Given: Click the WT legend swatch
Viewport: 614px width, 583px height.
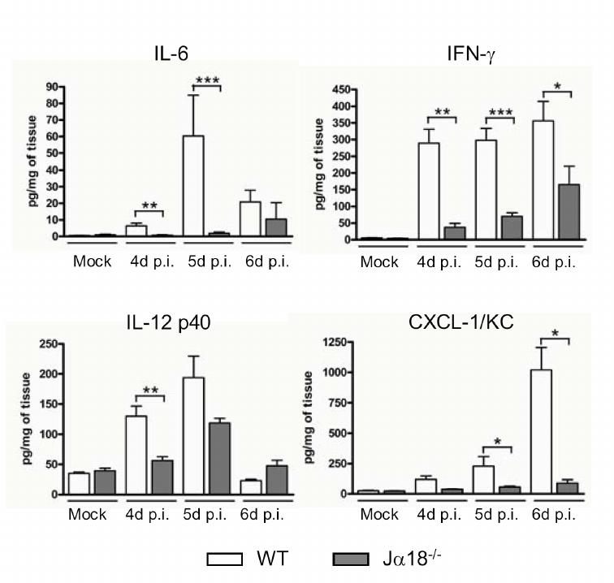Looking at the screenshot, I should coord(231,559).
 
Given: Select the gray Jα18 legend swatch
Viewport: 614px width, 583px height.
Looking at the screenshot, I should coord(356,559).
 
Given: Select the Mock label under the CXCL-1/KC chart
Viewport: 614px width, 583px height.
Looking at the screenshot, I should coord(379,515).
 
